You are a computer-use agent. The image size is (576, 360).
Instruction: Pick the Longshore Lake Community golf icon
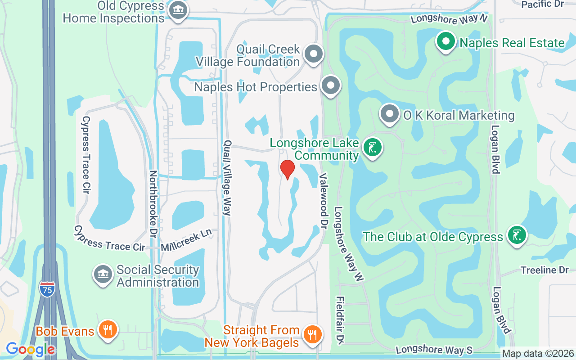pos(373,148)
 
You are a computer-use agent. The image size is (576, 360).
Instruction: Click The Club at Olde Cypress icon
pos(517,235)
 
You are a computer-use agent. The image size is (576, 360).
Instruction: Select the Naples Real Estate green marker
pos(446,42)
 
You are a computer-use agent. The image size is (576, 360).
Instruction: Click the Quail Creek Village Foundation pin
pos(313,54)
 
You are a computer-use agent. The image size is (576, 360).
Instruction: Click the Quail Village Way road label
pos(227,178)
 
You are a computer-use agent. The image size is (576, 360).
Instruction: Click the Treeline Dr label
pos(544,270)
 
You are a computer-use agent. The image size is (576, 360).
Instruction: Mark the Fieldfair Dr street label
pos(340,318)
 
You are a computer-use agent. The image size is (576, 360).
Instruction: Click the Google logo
pos(30,349)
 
